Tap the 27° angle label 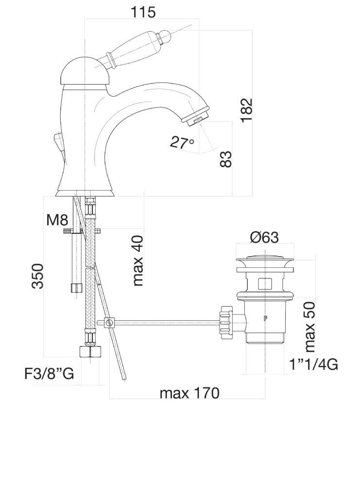(x=182, y=142)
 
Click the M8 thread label (x=57, y=220)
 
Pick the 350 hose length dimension (x=38, y=276)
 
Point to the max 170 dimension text (x=189, y=393)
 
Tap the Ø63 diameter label (x=264, y=237)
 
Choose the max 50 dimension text (x=310, y=327)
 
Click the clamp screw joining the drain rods (x=109, y=322)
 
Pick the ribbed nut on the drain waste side (x=226, y=321)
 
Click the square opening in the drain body (x=265, y=283)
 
